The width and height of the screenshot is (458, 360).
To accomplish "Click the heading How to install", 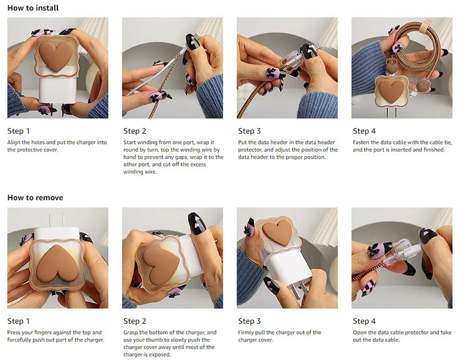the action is pos(33,8).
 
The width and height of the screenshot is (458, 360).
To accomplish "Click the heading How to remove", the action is pos(35,197).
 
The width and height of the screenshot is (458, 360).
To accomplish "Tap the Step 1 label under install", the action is pos(18,131).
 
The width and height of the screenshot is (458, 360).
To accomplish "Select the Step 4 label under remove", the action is pos(364,321).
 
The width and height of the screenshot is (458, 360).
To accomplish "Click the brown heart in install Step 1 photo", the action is pos(56,56).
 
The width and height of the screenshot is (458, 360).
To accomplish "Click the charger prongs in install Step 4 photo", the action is pos(392,112).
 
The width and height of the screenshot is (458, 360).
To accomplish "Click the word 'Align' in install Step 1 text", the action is pos(14,143).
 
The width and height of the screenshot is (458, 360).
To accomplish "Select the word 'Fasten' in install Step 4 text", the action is pos(361,143).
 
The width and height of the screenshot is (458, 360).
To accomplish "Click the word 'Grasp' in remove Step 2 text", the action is pos(131,333).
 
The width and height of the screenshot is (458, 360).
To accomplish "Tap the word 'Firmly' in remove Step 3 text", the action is pos(246,333).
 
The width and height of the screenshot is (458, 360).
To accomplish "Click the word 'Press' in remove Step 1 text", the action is pos(14,333).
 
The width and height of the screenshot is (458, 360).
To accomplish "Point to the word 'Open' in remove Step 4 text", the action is pos(359,333).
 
